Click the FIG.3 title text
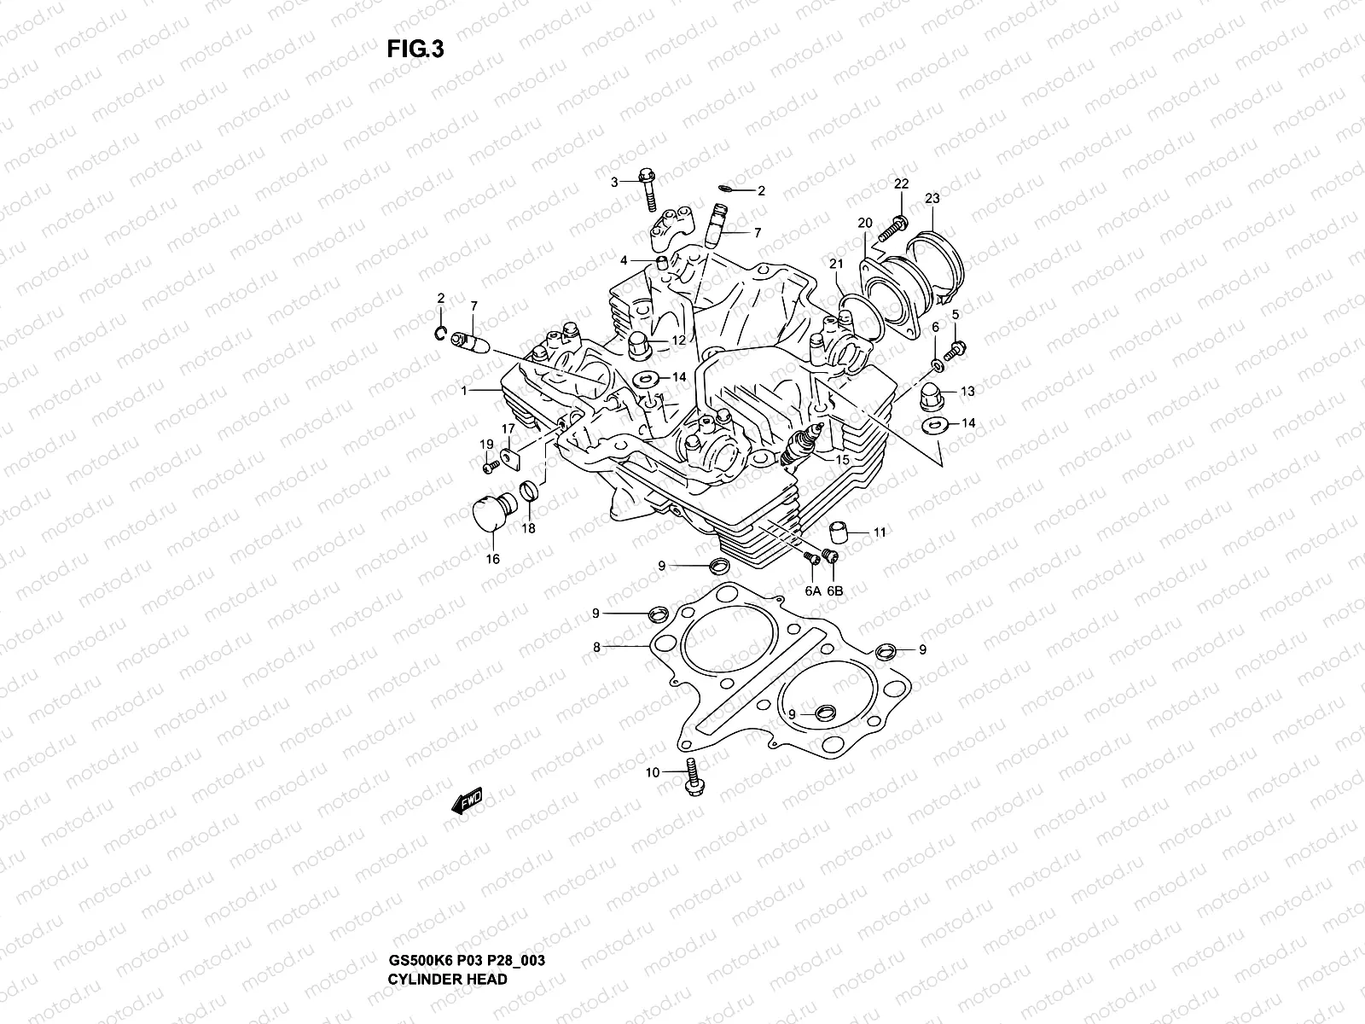[x=415, y=49]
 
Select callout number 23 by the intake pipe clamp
[x=932, y=198]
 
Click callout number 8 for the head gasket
[x=597, y=648]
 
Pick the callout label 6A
[x=810, y=591]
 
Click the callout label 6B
[x=834, y=591]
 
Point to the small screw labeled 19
[x=491, y=466]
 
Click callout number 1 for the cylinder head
[x=464, y=391]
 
